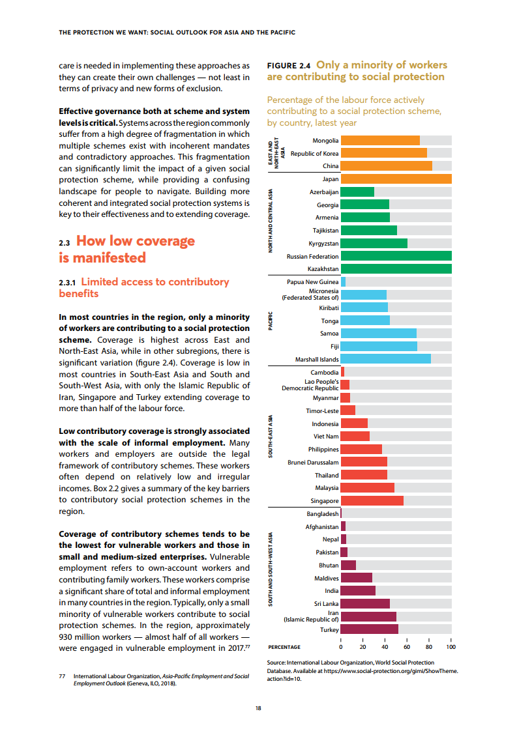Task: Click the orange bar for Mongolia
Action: tap(380, 141)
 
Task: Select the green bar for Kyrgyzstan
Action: tap(374, 243)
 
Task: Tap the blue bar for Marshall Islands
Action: tap(385, 359)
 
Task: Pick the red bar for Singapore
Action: tap(372, 500)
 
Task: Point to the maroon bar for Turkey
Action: tap(369, 629)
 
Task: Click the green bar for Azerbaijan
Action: tap(357, 192)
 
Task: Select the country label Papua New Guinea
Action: tap(312, 282)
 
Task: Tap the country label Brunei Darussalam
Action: tap(313, 462)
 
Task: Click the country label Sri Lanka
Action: tap(326, 603)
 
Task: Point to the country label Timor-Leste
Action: tap(322, 411)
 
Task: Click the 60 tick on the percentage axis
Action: tap(407, 647)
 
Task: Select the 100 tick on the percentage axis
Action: tap(451, 647)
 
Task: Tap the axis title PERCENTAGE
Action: tap(284, 647)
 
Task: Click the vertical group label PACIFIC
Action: tap(271, 321)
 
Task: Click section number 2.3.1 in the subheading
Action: tap(68, 282)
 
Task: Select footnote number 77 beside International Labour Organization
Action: tap(63, 677)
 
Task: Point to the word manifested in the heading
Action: tap(111, 257)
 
